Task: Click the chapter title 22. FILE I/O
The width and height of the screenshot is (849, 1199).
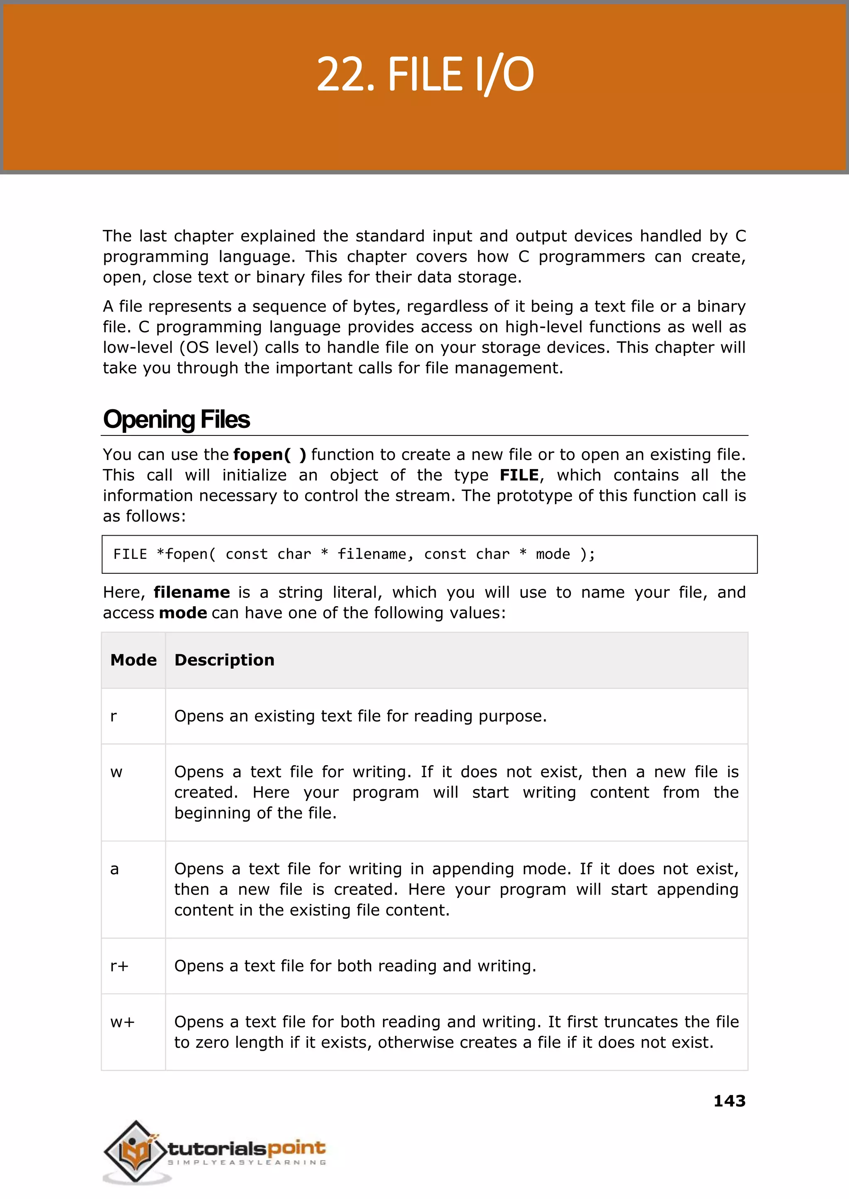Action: click(424, 75)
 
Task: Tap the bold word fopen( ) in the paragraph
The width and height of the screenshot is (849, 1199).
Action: click(269, 454)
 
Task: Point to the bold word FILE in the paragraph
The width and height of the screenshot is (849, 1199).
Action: click(519, 475)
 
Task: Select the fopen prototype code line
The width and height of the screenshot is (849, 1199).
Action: click(354, 554)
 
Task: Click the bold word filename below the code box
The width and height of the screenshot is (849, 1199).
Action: click(192, 592)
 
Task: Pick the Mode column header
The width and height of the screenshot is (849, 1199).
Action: click(133, 660)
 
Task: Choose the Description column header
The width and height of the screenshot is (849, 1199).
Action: click(224, 660)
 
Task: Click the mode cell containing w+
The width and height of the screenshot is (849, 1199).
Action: click(122, 1022)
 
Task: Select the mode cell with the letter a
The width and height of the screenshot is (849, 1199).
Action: click(114, 869)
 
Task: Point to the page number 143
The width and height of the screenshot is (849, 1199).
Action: click(729, 1101)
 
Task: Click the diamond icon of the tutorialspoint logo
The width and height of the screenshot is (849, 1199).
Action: click(135, 1151)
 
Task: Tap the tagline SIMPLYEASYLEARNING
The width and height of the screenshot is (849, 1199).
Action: click(247, 1163)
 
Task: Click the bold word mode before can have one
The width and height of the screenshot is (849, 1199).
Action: click(183, 613)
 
